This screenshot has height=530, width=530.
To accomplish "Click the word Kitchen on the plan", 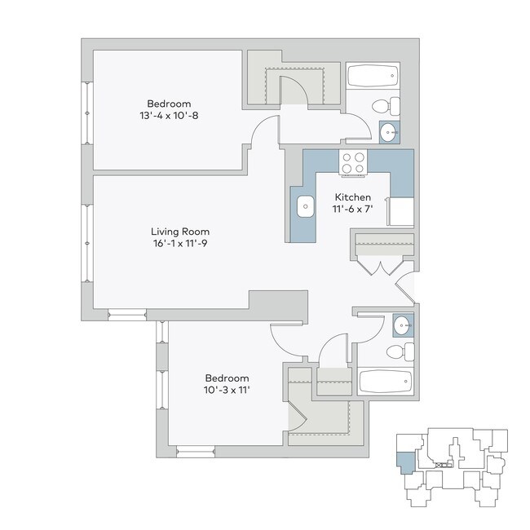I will (x=353, y=197).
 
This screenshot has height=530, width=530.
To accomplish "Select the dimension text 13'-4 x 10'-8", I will (x=169, y=116).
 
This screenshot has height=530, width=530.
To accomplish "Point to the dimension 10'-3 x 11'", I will (x=227, y=390).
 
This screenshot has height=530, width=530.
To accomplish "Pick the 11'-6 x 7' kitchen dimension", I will (x=353, y=210).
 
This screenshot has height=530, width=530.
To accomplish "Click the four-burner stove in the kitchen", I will (x=353, y=163).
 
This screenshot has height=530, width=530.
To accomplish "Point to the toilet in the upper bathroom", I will (x=386, y=106).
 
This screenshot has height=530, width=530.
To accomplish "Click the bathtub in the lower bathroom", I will (x=386, y=381).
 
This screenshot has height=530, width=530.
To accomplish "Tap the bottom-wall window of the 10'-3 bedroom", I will (x=195, y=449).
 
